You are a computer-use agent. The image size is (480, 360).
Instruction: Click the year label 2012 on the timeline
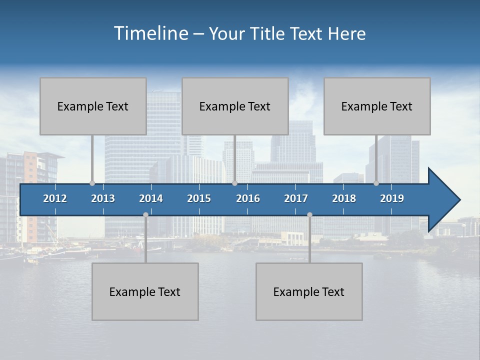click(x=55, y=198)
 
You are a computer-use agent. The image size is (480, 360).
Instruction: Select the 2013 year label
click(x=103, y=198)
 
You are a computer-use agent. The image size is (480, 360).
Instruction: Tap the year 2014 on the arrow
click(x=151, y=198)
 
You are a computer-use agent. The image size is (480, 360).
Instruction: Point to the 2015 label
click(x=199, y=198)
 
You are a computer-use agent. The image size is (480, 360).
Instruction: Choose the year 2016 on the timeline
click(x=248, y=198)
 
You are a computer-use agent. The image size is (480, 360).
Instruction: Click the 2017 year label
click(x=296, y=198)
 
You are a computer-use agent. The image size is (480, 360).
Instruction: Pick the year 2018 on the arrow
click(x=344, y=198)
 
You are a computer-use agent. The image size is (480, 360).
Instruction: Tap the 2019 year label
click(x=392, y=198)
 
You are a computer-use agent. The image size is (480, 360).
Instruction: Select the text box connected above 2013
click(x=93, y=106)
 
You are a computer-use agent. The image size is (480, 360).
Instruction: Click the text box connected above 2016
click(x=235, y=106)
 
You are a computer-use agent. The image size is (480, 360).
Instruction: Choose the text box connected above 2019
click(x=377, y=106)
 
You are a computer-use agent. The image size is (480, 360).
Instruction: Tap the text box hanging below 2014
click(x=145, y=291)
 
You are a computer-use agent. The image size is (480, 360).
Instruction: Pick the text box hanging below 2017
click(x=309, y=291)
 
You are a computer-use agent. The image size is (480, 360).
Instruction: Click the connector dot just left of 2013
click(x=92, y=183)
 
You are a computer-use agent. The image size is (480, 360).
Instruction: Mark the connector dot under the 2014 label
click(x=145, y=214)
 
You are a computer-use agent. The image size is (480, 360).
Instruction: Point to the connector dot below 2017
click(x=309, y=214)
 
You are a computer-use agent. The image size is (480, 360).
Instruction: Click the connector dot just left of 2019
click(x=376, y=183)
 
